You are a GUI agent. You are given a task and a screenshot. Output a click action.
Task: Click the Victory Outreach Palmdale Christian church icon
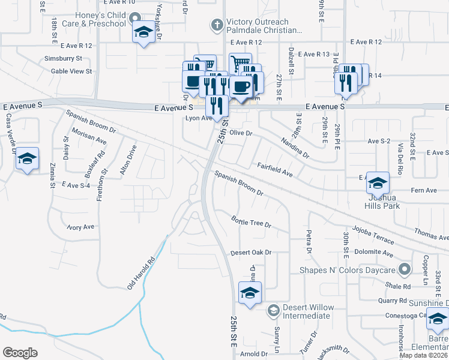click(217, 25)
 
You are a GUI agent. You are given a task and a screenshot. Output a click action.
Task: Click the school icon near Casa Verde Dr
click(27, 158)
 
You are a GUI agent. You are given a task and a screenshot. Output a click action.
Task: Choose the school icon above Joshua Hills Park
click(378, 182)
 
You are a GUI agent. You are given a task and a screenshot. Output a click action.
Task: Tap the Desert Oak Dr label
click(251, 253)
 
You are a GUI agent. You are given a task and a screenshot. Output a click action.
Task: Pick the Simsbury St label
click(63, 59)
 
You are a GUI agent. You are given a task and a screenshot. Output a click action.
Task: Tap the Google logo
click(19, 353)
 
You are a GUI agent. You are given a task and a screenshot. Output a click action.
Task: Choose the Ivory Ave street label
click(80, 227)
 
